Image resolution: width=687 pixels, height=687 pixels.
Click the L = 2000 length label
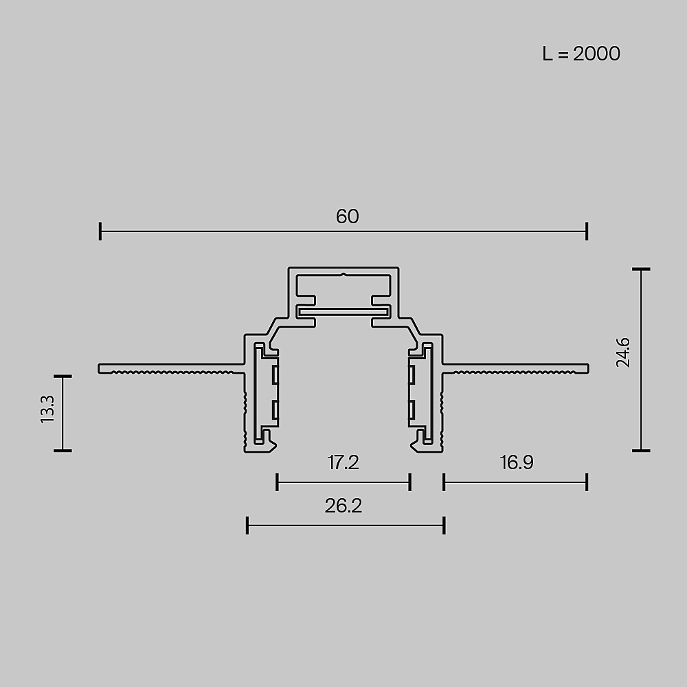[581, 54]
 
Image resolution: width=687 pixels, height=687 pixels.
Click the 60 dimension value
[348, 216]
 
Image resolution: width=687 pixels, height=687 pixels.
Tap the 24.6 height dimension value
[622, 352]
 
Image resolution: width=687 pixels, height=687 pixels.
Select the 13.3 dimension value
[47, 409]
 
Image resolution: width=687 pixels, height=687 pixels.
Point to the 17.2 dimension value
[343, 462]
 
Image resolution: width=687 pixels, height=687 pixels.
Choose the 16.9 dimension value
[517, 462]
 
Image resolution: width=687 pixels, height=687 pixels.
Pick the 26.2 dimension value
[343, 506]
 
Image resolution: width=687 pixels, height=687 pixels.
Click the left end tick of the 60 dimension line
[100, 232]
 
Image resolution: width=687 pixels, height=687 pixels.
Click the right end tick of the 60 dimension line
[587, 232]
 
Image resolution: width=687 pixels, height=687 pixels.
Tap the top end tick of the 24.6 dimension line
[641, 269]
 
